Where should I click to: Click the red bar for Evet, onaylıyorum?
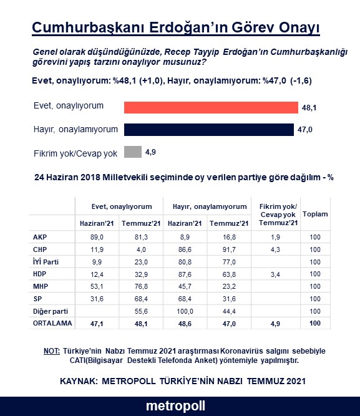[x=210, y=107]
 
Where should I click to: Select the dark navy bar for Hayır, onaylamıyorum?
[x=208, y=130]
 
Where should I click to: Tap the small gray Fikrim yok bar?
[x=133, y=152]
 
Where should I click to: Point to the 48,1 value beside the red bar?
[x=310, y=108]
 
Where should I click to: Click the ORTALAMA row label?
[x=52, y=323]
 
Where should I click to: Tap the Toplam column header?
[x=314, y=214]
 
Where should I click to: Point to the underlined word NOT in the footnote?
[x=51, y=351]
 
